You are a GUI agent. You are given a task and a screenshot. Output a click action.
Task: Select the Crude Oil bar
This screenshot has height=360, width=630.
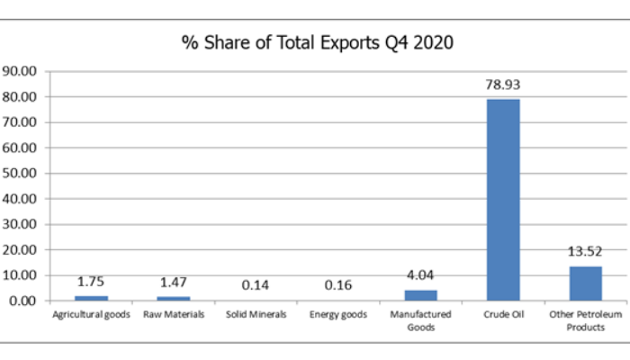point(503,199)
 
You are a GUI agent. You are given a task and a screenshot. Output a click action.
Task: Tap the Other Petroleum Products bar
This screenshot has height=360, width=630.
point(585,283)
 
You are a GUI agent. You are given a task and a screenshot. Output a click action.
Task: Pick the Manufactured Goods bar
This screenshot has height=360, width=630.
point(420,294)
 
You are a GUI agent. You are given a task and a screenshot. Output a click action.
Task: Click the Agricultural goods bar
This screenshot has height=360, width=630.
point(90,298)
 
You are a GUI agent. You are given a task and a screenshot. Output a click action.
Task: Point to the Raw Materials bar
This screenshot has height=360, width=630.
point(173,298)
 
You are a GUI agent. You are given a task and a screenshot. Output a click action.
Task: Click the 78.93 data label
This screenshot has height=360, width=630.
point(503,85)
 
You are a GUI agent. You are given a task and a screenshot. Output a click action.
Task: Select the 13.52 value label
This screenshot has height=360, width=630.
point(585,254)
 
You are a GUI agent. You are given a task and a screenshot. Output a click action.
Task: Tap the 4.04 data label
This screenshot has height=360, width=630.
point(420,275)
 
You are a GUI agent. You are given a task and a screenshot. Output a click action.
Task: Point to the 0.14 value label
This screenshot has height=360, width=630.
point(256,285)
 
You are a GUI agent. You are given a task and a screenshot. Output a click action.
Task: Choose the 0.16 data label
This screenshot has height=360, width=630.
point(338,285)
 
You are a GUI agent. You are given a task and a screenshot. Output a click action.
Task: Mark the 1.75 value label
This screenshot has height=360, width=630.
point(90,282)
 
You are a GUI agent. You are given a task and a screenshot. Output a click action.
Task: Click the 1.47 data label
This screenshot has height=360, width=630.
point(173,283)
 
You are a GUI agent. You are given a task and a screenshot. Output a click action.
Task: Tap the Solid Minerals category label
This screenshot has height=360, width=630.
point(256,315)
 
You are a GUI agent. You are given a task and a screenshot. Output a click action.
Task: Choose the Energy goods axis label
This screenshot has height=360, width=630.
point(338,315)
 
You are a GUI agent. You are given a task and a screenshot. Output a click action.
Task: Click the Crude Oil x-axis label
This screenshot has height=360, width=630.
point(503,315)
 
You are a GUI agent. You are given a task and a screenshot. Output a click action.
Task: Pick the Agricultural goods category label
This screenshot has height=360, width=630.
point(90,315)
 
